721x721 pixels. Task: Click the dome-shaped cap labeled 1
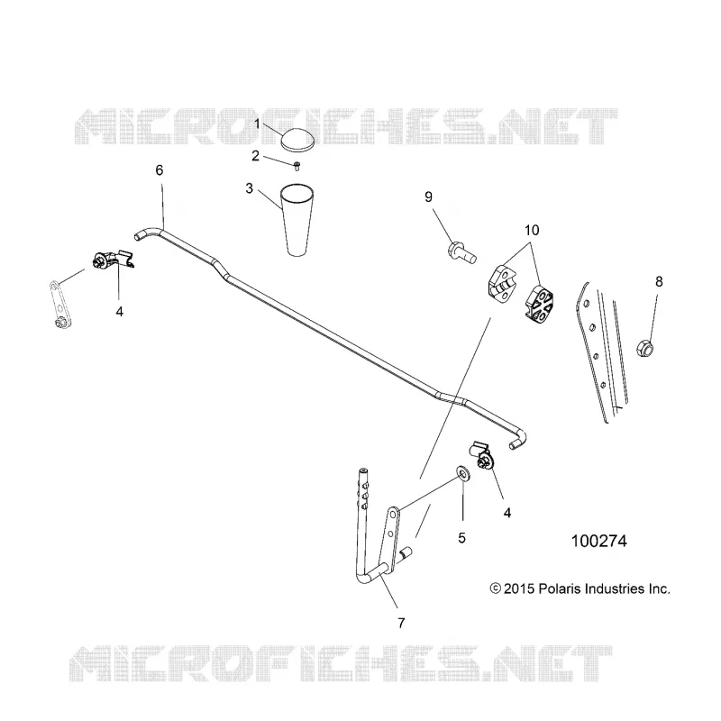[298, 139]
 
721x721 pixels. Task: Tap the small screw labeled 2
[297, 166]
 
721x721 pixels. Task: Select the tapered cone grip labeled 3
[298, 220]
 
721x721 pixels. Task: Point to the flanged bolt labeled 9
[461, 253]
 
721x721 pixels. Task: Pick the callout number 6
[160, 170]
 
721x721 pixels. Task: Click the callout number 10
[532, 230]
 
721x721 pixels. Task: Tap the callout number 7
[401, 623]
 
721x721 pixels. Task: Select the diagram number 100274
[598, 542]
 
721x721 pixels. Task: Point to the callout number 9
[429, 196]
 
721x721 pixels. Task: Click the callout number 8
[659, 281]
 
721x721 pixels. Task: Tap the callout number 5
[461, 537]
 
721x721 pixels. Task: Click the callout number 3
[250, 188]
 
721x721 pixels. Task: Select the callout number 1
[258, 123]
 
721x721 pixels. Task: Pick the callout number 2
[256, 156]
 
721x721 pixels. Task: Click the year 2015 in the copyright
[519, 589]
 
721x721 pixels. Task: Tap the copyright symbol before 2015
[495, 589]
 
